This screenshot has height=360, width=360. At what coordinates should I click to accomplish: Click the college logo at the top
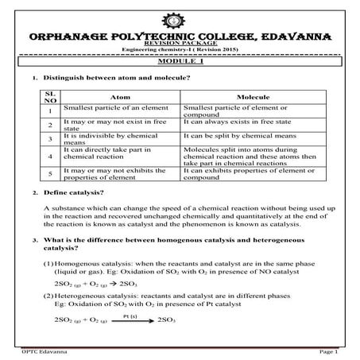click(180, 20)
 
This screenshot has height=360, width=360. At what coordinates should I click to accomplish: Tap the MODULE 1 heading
click(180, 60)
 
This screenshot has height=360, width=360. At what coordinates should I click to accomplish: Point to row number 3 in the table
click(49, 138)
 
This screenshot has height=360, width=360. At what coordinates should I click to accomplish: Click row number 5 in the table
click(49, 173)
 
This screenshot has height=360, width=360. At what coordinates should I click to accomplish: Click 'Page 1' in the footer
click(329, 350)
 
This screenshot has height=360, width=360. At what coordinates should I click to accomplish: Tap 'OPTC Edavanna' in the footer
click(40, 350)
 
